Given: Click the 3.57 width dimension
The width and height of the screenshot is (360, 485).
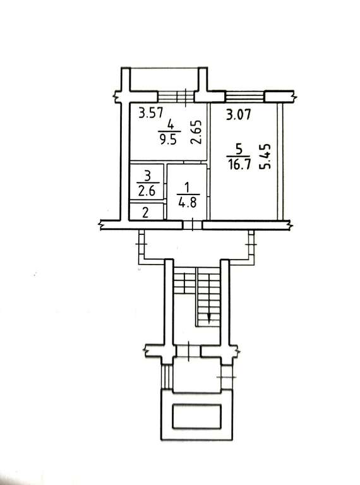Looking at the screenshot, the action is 150,112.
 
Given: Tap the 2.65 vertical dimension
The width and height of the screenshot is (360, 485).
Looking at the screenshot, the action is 196,132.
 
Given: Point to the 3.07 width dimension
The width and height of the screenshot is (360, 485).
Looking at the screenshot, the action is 238,115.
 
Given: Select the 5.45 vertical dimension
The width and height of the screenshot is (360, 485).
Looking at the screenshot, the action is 265,156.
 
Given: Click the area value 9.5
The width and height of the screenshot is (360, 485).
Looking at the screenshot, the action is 168,140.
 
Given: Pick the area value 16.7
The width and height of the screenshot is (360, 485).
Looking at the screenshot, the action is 239,164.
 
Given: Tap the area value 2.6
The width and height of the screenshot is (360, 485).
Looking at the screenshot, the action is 147,191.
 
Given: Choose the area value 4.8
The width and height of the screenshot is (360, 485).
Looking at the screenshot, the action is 188,203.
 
